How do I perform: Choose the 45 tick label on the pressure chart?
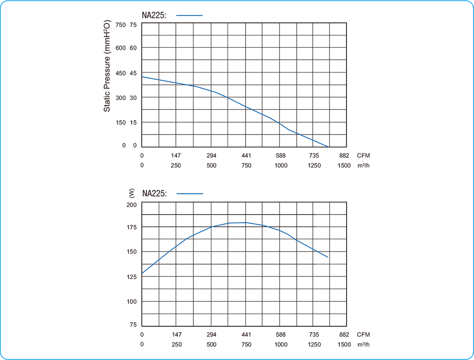(x=133, y=73)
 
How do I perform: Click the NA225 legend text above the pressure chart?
(x=154, y=16)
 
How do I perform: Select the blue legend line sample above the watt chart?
(x=190, y=193)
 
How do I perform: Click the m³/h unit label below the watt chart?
(x=364, y=344)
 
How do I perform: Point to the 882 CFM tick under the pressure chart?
(x=344, y=155)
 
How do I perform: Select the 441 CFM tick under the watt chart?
(x=246, y=334)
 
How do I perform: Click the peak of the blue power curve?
(x=246, y=222)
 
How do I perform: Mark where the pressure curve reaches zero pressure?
(x=328, y=147)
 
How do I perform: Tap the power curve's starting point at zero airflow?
(x=142, y=274)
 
